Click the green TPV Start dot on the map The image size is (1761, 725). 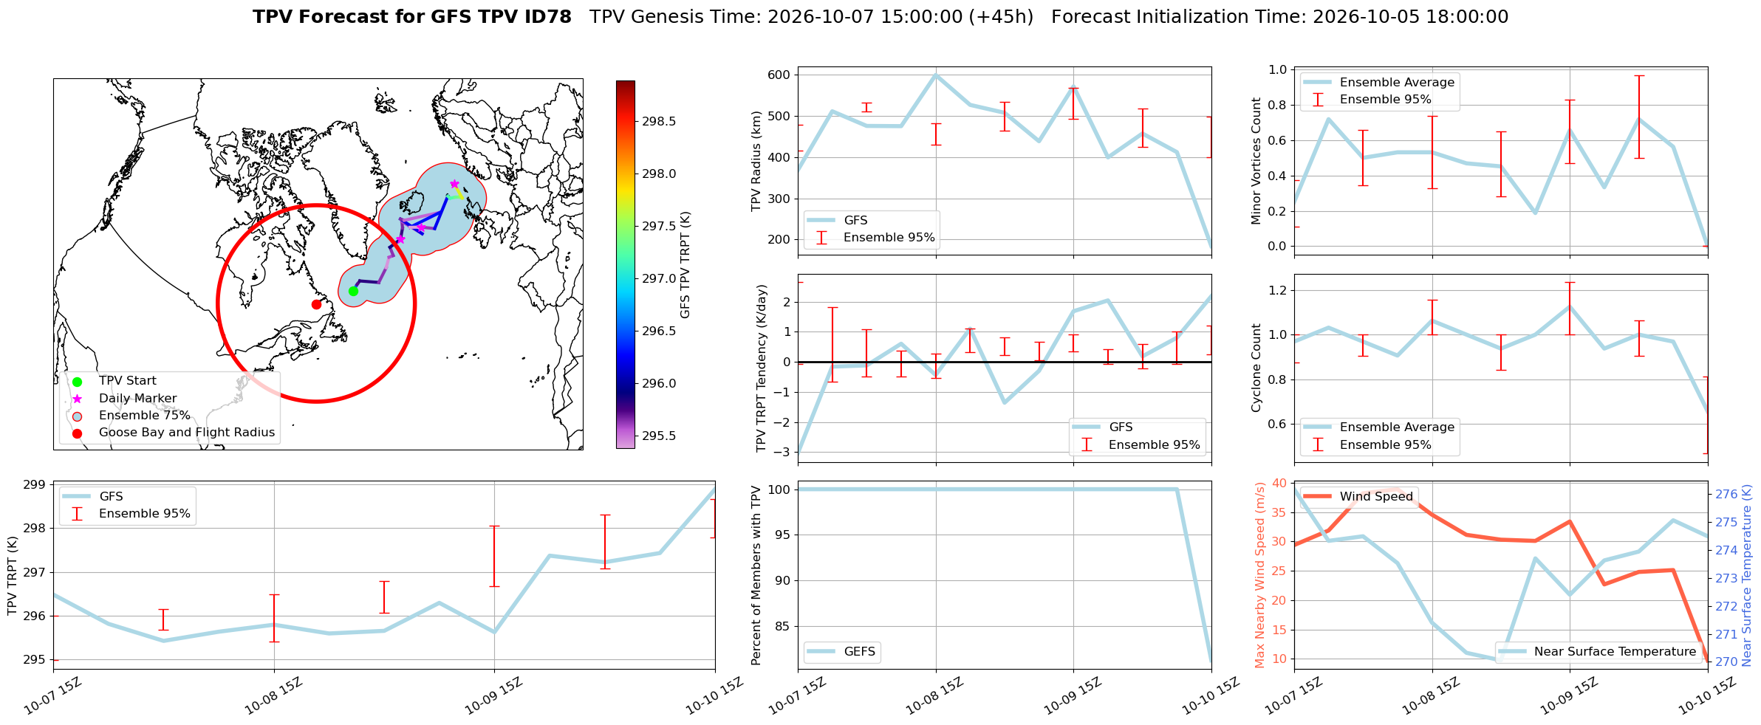click(353, 291)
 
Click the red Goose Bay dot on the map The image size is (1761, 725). click(316, 304)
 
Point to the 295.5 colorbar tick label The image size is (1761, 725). click(658, 436)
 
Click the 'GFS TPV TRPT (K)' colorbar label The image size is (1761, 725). click(685, 264)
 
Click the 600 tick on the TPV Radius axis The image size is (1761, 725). click(779, 75)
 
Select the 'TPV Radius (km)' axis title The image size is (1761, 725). click(756, 161)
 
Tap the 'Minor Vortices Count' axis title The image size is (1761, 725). click(1256, 161)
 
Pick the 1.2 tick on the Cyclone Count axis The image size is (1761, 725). click(1277, 290)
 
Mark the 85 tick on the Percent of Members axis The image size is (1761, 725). click(783, 626)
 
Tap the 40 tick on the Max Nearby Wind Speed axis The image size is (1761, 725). click(1279, 483)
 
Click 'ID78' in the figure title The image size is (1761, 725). click(547, 17)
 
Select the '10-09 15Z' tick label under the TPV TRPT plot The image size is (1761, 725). click(493, 695)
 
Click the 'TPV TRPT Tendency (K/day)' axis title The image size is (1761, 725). click(762, 368)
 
